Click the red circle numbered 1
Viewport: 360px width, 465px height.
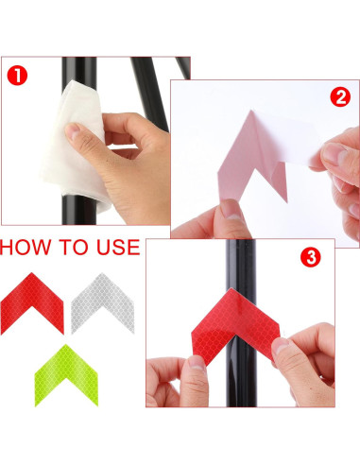[17, 76]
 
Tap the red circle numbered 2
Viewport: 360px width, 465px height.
[340, 96]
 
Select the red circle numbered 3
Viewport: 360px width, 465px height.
[311, 257]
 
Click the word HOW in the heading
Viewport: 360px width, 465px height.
[26, 247]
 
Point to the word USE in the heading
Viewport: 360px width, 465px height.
[118, 247]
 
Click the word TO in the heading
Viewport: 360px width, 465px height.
[74, 247]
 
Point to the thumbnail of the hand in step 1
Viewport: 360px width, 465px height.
[73, 130]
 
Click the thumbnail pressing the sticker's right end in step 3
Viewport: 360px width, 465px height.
[281, 347]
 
